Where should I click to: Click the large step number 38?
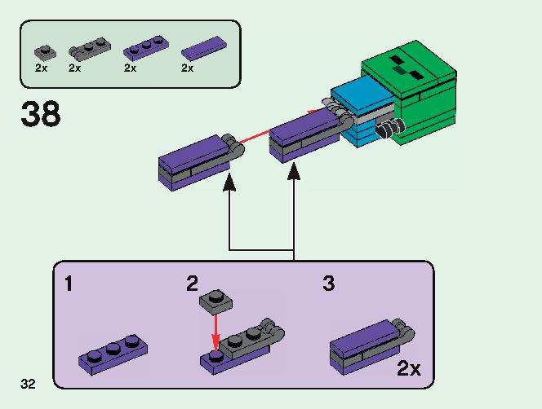[40, 113]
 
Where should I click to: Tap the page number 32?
[29, 383]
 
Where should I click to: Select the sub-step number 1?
[69, 284]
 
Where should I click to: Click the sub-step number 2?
[192, 284]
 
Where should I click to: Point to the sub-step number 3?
[328, 284]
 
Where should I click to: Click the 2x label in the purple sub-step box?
[408, 369]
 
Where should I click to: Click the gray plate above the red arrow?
[215, 301]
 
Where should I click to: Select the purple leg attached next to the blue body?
[306, 133]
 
